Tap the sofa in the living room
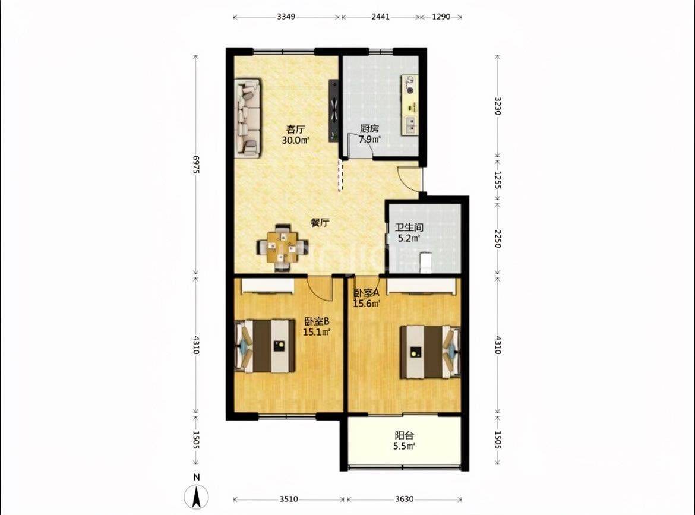coord(248,118)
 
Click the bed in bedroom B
coord(265,346)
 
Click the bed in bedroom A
coord(431,352)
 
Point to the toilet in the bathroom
coord(425,262)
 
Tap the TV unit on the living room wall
coord(333,111)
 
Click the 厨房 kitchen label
coord(369,128)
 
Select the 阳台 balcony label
coord(404,435)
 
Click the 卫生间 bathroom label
coord(409,228)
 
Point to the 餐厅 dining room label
coord(320,222)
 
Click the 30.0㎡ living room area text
coord(295,141)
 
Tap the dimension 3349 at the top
coord(286,17)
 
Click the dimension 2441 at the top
coord(380,17)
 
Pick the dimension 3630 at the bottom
coord(405,499)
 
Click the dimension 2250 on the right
coord(497,239)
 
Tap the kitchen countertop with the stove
coord(410,105)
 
